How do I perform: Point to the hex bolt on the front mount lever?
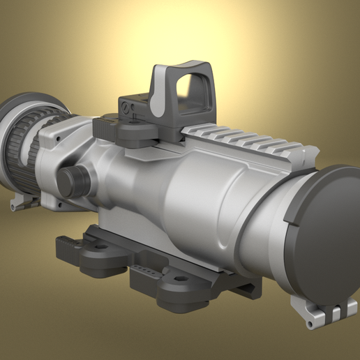click(179, 280)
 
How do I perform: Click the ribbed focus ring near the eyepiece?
click(21, 147)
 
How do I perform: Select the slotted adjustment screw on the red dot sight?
click(126, 107)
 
